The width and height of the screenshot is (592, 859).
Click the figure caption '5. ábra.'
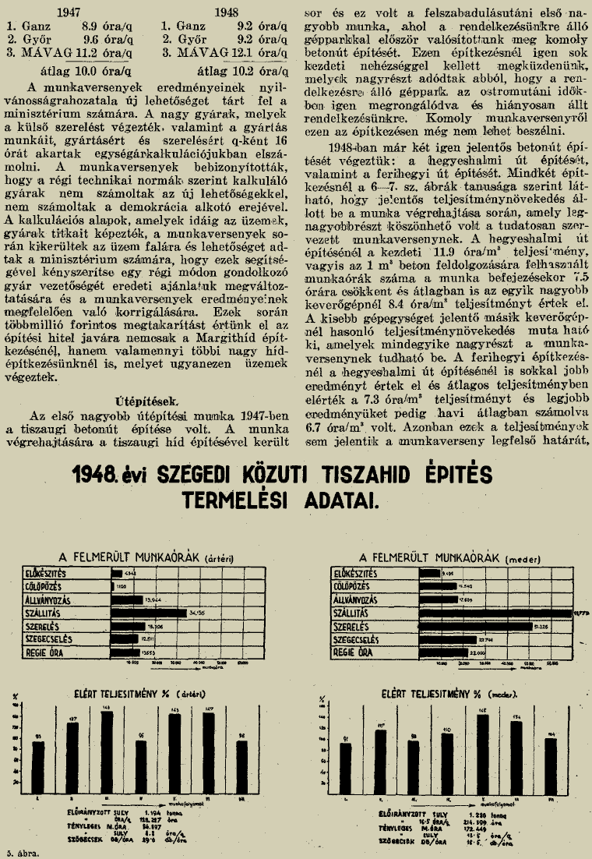(x=22, y=852)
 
